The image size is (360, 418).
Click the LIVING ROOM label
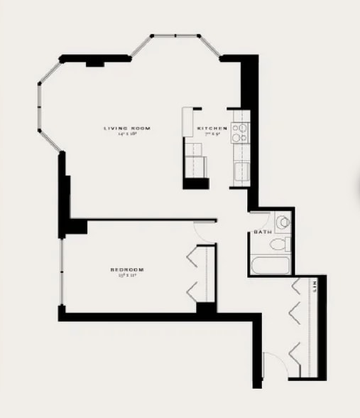(127, 128)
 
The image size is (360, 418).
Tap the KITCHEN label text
(212, 128)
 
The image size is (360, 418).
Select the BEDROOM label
(128, 269)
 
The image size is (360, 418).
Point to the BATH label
(262, 233)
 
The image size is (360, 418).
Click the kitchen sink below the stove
(241, 172)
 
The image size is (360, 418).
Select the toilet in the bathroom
(279, 245)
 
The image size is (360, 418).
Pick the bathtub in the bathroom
(270, 266)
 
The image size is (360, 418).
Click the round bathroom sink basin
(283, 222)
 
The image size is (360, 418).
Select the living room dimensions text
(127, 134)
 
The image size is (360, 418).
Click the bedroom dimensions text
(128, 276)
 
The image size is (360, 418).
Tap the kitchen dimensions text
(212, 134)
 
